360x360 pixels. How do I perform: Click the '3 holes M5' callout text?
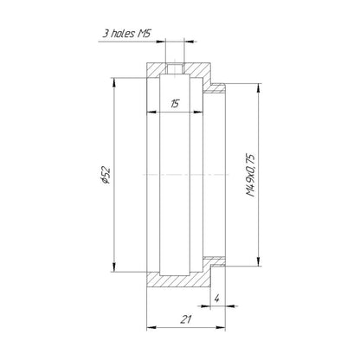(127, 34)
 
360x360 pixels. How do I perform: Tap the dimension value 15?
(175, 103)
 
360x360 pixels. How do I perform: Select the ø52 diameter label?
(106, 175)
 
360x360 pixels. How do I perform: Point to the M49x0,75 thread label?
(250, 176)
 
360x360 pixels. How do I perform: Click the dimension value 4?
(217, 299)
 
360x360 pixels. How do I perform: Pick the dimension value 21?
(186, 319)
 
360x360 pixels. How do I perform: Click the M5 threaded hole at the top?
(175, 68)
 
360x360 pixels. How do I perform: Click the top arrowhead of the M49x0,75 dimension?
(259, 88)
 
